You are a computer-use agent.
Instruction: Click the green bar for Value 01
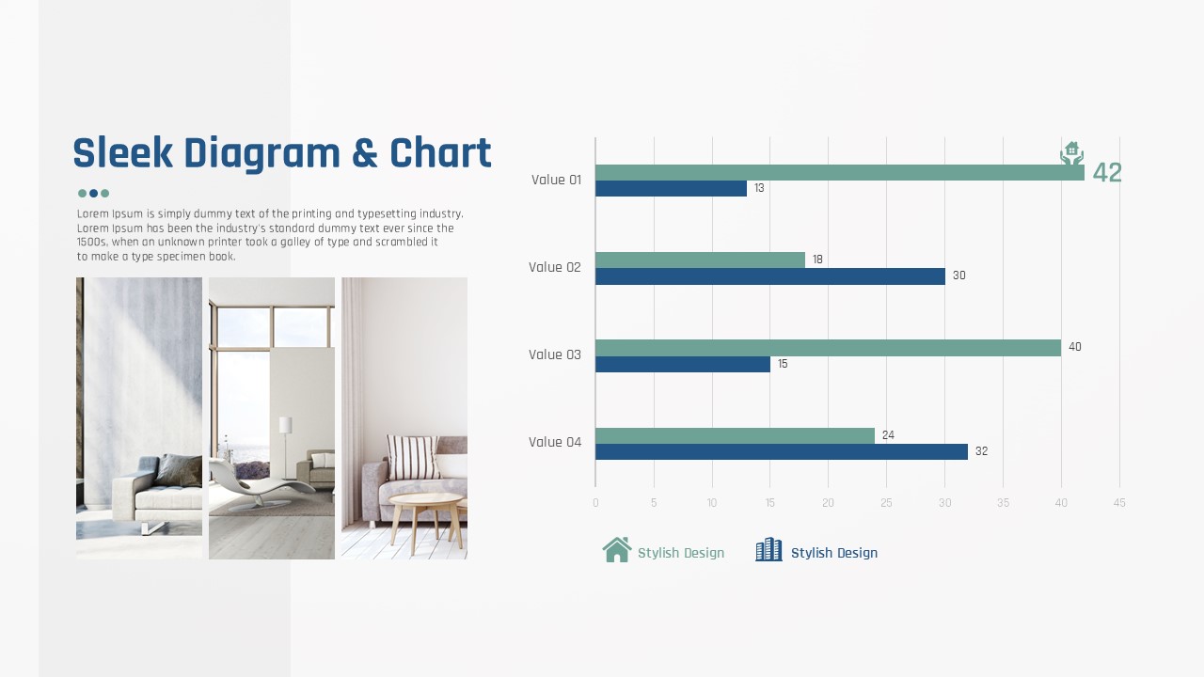coord(840,172)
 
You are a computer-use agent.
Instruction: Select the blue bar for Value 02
coord(770,276)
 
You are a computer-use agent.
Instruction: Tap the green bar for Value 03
coord(829,348)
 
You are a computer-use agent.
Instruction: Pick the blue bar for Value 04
coord(782,452)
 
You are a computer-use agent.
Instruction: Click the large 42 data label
coord(1107,172)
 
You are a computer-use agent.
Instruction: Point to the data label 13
coord(759,188)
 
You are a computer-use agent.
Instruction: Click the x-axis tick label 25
coord(886,503)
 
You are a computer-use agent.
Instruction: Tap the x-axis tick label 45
coord(1119,503)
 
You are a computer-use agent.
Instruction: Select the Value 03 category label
coord(555,354)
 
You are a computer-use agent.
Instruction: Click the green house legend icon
coord(617,550)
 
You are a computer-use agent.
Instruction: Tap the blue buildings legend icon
coord(769,550)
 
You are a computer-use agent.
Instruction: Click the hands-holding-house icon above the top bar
coord(1071,153)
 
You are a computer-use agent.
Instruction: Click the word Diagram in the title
coord(262,154)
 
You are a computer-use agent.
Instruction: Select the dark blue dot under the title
coord(93,194)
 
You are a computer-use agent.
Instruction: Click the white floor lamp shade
coord(285,425)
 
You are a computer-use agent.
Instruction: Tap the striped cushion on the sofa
coord(412,457)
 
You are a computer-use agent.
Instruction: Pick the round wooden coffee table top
coord(425,499)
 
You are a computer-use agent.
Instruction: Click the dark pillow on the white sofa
coord(180,471)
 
